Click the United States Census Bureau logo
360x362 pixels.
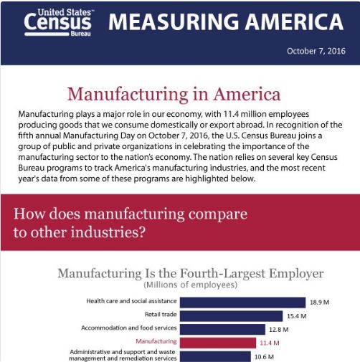[59, 22]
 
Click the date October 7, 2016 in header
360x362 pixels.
[316, 51]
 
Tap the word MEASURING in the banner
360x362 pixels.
[174, 22]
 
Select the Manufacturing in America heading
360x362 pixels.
[174, 94]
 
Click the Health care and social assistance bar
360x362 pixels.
[242, 303]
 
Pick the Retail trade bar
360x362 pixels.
[231, 316]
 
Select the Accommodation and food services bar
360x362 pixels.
[222, 329]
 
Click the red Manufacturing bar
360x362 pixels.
[218, 343]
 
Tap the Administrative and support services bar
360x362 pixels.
[215, 356]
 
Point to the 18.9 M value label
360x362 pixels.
[319, 303]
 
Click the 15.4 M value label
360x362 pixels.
[296, 316]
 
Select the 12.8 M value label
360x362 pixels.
[279, 330]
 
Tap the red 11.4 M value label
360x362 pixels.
[270, 343]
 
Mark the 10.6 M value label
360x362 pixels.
[264, 357]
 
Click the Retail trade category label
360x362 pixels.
[161, 314]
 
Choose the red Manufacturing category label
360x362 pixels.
[156, 341]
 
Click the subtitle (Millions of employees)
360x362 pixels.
[191, 285]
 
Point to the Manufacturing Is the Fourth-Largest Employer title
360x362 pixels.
[191, 273]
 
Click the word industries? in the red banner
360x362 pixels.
[108, 232]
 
